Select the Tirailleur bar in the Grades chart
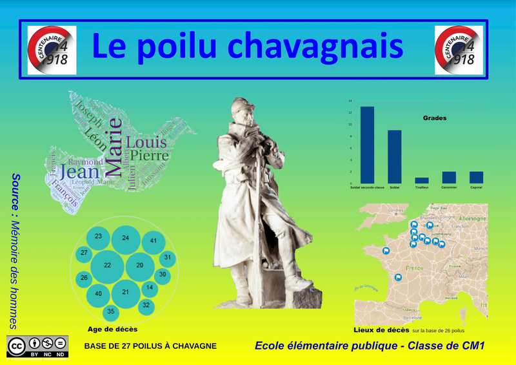pyautogui.click(x=422, y=180)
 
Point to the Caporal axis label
pyautogui.click(x=476, y=187)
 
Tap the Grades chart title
pyautogui.click(x=435, y=118)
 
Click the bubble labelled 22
pyautogui.click(x=107, y=266)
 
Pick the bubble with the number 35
pyautogui.click(x=111, y=311)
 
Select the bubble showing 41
pyautogui.click(x=154, y=241)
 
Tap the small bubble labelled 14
pyautogui.click(x=149, y=287)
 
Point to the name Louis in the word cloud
pyautogui.click(x=146, y=141)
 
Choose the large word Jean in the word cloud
pyautogui.click(x=79, y=172)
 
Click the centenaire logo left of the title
pyautogui.click(x=52, y=50)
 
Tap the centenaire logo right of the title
pyautogui.click(x=459, y=50)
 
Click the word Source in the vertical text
pyautogui.click(x=16, y=188)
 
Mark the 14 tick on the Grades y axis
pyautogui.click(x=350, y=101)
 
